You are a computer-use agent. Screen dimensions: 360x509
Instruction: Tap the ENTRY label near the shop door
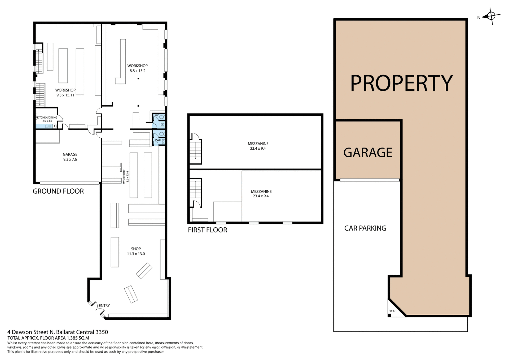point(104,306)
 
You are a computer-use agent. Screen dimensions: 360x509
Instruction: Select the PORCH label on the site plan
point(392,311)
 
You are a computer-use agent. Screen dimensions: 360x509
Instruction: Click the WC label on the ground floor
point(157,115)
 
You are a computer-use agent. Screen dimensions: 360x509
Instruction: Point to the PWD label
point(158,140)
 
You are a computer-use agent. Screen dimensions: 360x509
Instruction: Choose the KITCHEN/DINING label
point(47,118)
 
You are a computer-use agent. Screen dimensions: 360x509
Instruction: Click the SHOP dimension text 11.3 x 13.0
point(136,254)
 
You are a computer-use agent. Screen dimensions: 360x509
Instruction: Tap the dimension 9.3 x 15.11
point(65,95)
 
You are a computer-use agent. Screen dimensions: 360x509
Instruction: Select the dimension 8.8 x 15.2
point(138,71)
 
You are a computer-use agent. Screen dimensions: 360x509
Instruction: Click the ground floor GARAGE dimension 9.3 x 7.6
point(70,159)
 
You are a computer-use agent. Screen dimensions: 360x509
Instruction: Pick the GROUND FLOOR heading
point(58,191)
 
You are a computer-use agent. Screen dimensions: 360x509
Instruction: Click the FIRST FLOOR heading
point(207,230)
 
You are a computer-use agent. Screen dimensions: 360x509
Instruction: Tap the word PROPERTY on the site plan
point(401,83)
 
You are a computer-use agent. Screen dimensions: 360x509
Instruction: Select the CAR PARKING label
point(365,228)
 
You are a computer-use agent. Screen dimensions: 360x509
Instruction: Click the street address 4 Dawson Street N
point(30,332)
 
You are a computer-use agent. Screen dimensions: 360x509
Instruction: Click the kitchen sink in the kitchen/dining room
point(48,126)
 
